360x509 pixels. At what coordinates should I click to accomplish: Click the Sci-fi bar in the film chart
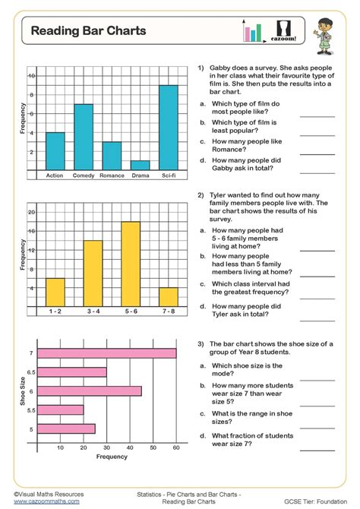[169, 127]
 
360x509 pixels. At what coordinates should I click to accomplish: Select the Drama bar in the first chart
[140, 165]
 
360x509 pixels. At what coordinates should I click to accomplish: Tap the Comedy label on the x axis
[84, 175]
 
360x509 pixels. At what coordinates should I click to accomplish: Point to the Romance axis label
[112, 175]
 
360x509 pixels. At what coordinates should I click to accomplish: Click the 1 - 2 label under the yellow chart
[55, 311]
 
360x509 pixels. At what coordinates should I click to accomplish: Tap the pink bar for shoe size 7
[107, 353]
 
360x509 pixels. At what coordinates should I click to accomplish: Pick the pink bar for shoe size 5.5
[61, 410]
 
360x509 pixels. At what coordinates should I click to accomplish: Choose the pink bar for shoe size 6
[90, 391]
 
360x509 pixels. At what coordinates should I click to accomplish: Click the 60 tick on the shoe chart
[176, 448]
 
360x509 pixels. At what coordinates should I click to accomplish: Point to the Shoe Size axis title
[21, 390]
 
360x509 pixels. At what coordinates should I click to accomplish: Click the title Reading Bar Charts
[89, 31]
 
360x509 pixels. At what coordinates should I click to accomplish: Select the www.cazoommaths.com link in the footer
[46, 502]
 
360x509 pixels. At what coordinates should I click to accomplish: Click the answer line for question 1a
[317, 116]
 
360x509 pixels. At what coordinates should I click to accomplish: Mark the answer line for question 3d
[317, 448]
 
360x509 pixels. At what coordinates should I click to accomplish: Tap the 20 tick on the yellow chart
[32, 212]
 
